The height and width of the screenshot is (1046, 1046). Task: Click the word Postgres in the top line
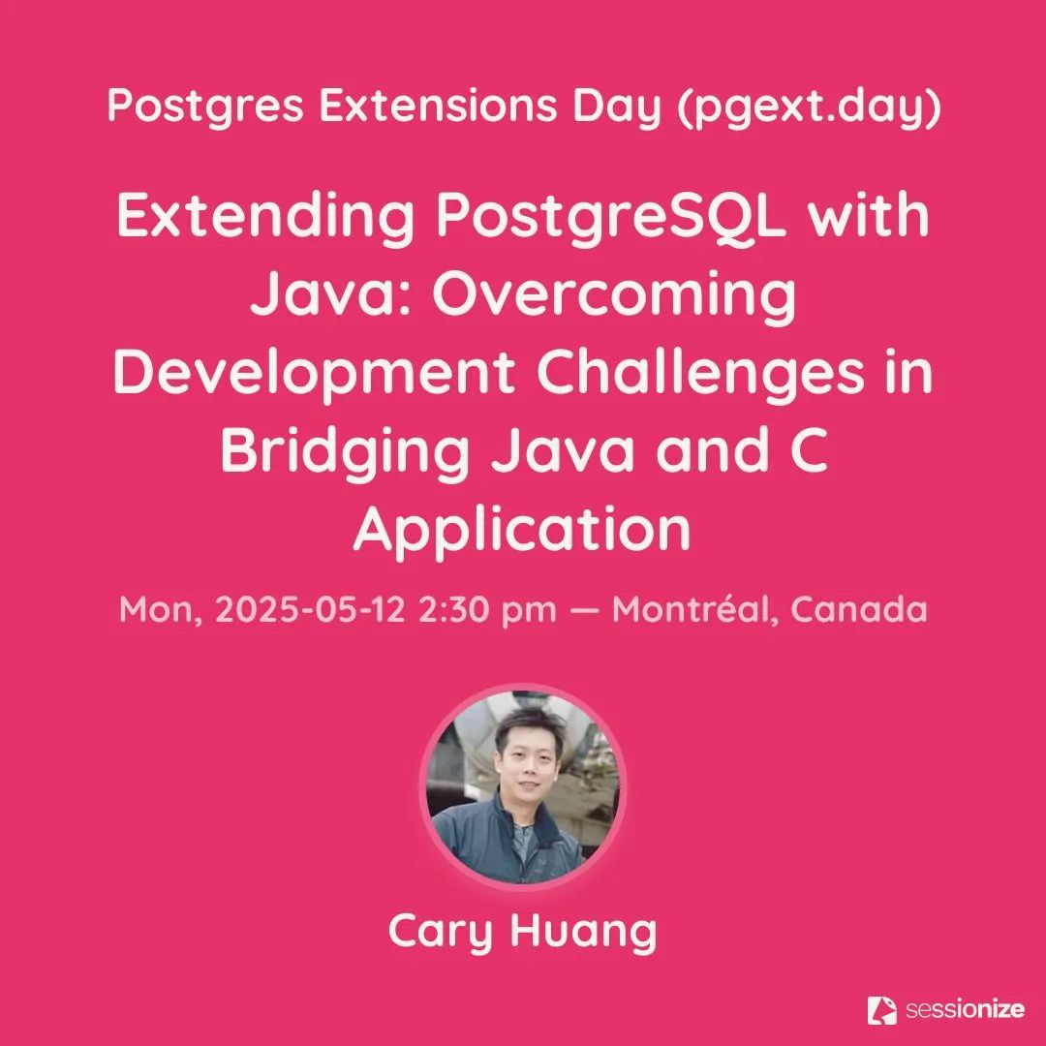tap(205, 107)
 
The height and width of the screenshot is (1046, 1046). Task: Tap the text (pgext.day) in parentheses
tap(809, 107)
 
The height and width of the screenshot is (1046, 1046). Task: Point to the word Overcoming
tap(614, 294)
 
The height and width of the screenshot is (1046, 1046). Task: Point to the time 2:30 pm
tap(487, 610)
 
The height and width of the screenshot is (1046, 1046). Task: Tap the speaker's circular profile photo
tap(523, 787)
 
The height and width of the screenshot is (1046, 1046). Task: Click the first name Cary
tap(440, 932)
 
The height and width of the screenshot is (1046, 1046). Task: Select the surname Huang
tap(584, 932)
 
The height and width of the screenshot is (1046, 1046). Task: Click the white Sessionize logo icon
tap(881, 1010)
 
